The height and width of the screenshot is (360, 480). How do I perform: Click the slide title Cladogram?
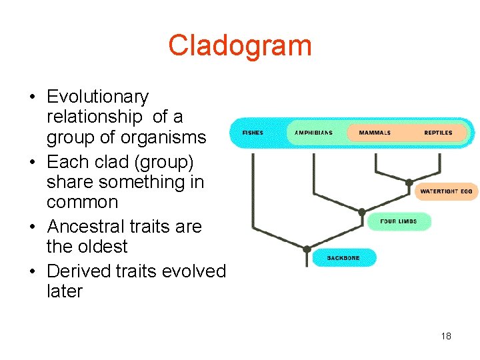(x=239, y=45)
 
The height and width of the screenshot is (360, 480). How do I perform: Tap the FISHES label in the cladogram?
(x=253, y=133)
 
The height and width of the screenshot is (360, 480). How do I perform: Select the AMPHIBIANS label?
(x=313, y=133)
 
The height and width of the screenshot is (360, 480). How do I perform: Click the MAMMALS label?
(x=375, y=133)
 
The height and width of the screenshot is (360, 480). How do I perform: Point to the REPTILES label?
(x=438, y=133)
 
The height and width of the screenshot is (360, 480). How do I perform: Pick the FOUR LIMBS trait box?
(x=398, y=221)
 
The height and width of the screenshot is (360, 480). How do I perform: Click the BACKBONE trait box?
(x=343, y=258)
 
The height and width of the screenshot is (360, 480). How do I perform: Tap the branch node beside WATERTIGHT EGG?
(x=409, y=183)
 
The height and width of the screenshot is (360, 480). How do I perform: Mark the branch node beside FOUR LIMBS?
(x=361, y=213)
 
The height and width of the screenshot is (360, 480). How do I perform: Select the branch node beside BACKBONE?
(x=307, y=249)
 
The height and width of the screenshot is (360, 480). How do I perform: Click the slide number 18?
(x=446, y=336)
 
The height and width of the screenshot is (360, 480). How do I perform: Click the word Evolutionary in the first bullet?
(x=97, y=97)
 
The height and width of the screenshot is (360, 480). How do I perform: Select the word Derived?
(x=75, y=271)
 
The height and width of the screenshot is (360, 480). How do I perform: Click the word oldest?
(x=100, y=246)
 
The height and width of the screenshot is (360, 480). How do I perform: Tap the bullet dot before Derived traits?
(x=33, y=272)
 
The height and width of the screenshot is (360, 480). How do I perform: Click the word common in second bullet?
(x=82, y=201)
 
